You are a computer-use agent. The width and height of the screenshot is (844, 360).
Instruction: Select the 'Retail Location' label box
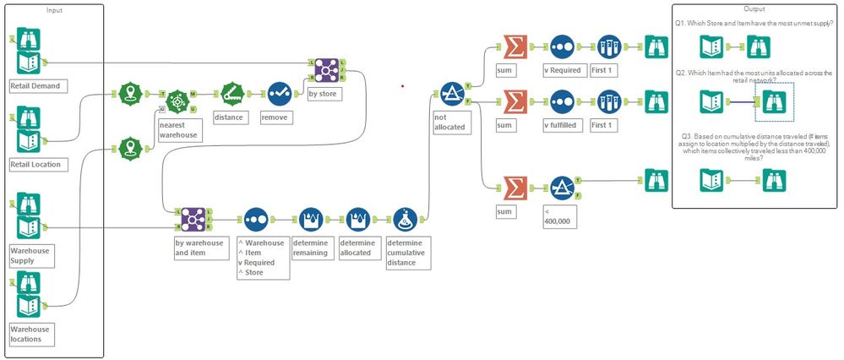pyautogui.click(x=35, y=163)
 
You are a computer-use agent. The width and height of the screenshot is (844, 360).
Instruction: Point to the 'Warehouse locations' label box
pyautogui.click(x=32, y=333)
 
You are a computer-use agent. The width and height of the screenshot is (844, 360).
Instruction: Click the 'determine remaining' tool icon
pyautogui.click(x=310, y=220)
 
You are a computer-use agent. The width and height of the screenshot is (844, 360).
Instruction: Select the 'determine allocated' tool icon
pyautogui.click(x=358, y=220)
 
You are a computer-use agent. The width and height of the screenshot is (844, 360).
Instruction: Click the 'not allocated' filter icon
pyautogui.click(x=452, y=93)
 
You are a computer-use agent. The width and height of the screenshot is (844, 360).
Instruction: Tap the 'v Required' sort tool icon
pyautogui.click(x=563, y=46)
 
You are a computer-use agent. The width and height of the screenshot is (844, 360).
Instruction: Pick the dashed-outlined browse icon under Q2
pyautogui.click(x=775, y=102)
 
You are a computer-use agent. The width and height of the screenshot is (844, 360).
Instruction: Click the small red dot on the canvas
pyautogui.click(x=402, y=85)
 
